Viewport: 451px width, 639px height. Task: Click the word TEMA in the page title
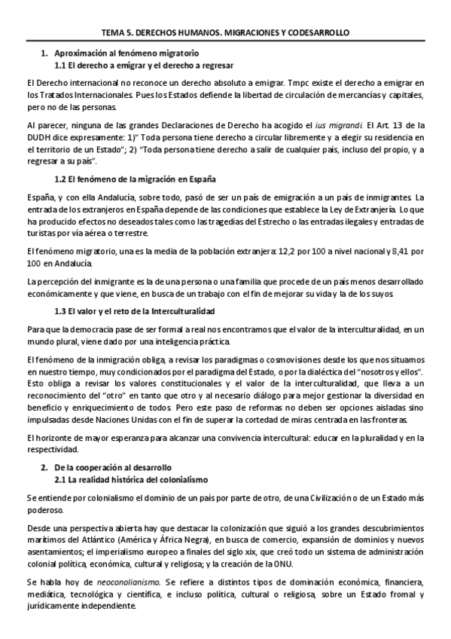coord(112,33)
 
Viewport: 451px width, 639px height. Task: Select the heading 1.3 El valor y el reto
coord(135,310)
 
